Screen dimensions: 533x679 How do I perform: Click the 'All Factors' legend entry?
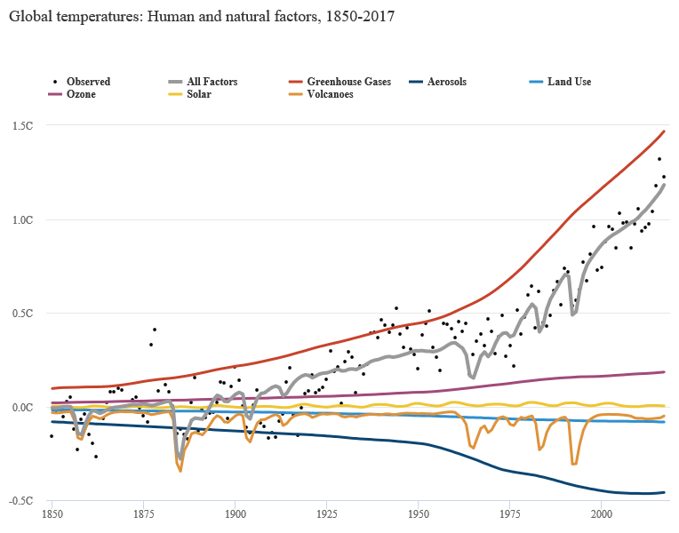[x=212, y=82]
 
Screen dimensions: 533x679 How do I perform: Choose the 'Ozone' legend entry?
[x=81, y=94]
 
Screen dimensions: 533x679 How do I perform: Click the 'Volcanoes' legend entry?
[x=330, y=94]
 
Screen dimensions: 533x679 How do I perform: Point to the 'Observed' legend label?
[x=88, y=82]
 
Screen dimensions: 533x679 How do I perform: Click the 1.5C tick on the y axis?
[x=22, y=125]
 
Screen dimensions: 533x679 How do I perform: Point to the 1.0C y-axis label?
[x=22, y=219]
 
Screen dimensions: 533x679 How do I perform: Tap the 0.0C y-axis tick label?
[x=22, y=407]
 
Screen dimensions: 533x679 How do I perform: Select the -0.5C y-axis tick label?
[x=21, y=501]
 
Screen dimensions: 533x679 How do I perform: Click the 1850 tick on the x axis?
[x=52, y=513]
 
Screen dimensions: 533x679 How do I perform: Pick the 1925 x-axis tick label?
[x=327, y=513]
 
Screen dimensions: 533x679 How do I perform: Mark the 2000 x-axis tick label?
[x=602, y=513]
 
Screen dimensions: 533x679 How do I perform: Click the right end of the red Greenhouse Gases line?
[x=665, y=131]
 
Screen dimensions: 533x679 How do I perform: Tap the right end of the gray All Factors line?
[x=665, y=184]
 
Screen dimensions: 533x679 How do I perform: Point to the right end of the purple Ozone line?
[x=665, y=371]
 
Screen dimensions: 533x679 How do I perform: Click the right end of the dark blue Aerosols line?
[x=665, y=492]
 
